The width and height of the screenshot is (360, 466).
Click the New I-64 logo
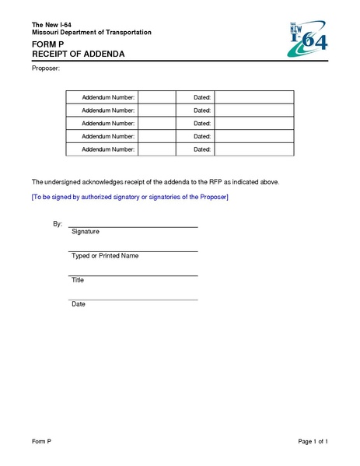click(308, 39)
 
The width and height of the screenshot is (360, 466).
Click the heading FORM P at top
click(48, 44)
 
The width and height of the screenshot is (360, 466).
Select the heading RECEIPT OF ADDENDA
click(78, 54)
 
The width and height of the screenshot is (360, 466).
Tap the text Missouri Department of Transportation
click(91, 32)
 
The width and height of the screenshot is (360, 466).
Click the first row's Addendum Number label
click(108, 97)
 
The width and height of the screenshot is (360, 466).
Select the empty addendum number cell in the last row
click(157, 149)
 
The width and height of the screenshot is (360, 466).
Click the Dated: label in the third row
click(202, 123)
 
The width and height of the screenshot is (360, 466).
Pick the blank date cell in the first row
click(253, 97)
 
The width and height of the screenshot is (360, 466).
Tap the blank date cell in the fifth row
click(253, 149)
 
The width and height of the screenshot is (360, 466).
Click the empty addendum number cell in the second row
click(157, 110)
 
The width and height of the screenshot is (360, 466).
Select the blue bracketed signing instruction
click(130, 197)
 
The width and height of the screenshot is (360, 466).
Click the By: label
click(58, 223)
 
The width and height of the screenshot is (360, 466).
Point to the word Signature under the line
click(86, 232)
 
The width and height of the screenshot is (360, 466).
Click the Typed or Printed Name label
click(105, 256)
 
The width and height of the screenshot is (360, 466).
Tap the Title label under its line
click(78, 280)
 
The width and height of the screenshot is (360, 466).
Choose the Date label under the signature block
click(79, 304)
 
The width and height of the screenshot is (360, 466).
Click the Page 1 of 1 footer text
click(313, 442)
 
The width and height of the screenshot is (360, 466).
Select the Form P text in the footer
click(41, 442)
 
